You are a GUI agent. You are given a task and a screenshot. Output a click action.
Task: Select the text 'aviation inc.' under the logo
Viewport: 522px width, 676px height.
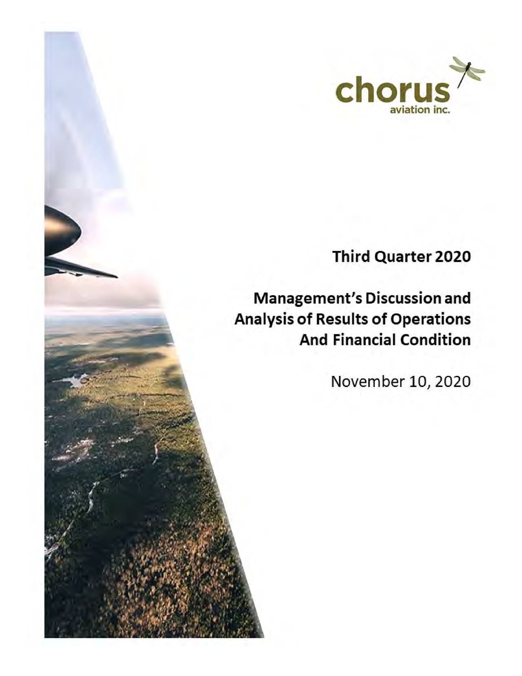click(420, 110)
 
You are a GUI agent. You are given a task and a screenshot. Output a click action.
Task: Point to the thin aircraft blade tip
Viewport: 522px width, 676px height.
click(110, 275)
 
